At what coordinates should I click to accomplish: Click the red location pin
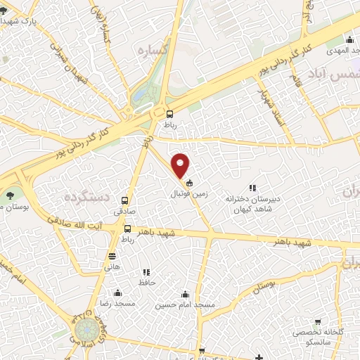(181, 165)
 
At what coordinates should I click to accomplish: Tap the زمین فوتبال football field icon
(188, 183)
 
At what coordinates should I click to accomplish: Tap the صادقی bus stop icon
(125, 200)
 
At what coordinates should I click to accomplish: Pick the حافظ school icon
(146, 272)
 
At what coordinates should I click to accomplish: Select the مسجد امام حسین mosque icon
(185, 294)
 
